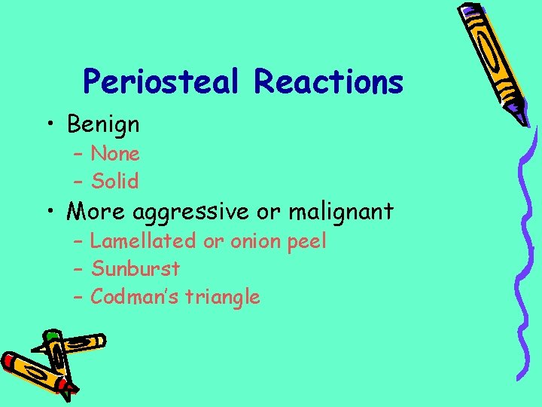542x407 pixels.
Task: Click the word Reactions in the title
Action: [328, 81]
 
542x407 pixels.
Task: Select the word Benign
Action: [103, 124]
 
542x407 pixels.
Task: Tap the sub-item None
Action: [115, 155]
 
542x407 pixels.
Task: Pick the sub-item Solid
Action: [115, 181]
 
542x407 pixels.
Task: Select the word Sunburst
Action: [135, 268]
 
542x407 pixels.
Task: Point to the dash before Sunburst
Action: [78, 269]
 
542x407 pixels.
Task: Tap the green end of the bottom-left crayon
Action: [51, 335]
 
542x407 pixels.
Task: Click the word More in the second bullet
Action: [96, 212]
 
